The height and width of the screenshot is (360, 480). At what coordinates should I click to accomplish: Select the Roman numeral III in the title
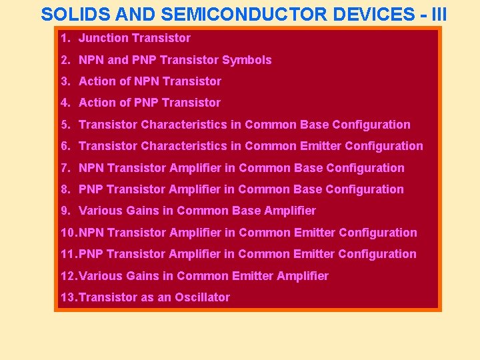pyautogui.click(x=438, y=14)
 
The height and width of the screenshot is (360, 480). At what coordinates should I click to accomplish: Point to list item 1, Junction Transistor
pyautogui.click(x=134, y=39)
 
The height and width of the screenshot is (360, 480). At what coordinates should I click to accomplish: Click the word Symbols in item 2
pyautogui.click(x=247, y=60)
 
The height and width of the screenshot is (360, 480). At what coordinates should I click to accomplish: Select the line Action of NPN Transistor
pyautogui.click(x=149, y=81)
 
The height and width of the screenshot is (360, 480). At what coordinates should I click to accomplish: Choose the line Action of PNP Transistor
pyautogui.click(x=149, y=103)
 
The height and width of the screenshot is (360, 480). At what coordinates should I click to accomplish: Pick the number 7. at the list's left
pyautogui.click(x=65, y=168)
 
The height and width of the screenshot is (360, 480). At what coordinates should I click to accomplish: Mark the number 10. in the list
pyautogui.click(x=68, y=233)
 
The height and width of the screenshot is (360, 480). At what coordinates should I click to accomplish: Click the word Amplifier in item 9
pyautogui.click(x=290, y=211)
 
